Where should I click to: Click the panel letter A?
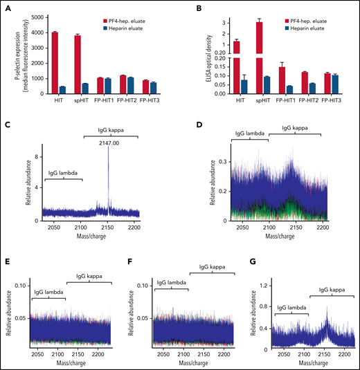point(7,6)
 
